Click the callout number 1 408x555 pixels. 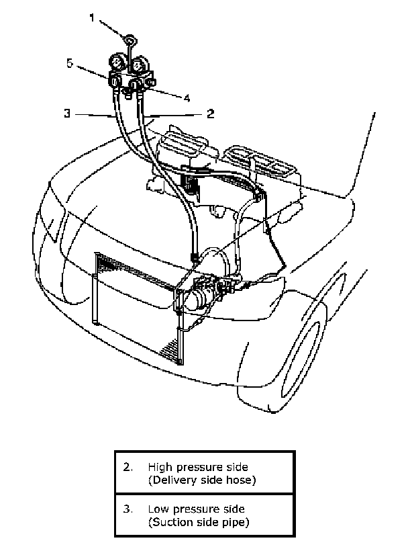point(92,18)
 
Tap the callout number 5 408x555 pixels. point(69,63)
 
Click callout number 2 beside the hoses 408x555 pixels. point(210,114)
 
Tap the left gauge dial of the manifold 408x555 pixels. point(117,65)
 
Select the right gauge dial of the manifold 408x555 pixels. point(140,65)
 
